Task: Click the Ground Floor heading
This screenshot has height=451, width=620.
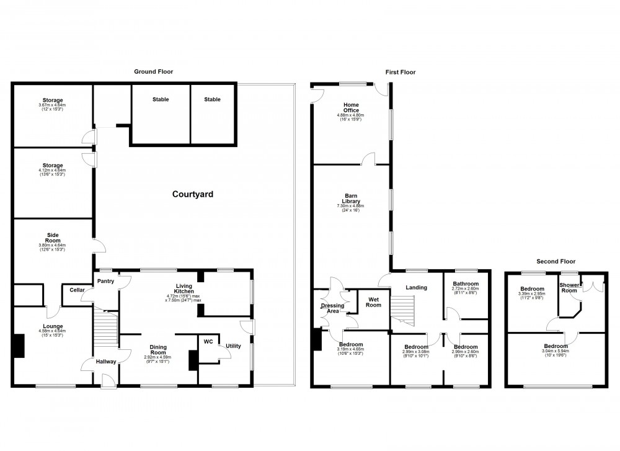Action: (x=154, y=72)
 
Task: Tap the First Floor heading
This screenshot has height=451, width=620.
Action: (x=400, y=72)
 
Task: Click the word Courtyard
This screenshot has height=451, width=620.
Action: (x=192, y=194)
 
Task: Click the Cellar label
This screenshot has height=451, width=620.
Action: (x=77, y=290)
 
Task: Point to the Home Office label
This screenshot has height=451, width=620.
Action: (x=350, y=107)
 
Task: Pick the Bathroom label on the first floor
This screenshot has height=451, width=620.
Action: (x=465, y=284)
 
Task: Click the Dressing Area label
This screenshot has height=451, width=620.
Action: (x=333, y=308)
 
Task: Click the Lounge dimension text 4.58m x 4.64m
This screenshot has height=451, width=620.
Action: (x=53, y=331)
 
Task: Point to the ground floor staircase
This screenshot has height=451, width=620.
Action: (x=105, y=329)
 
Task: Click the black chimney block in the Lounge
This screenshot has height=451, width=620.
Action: (x=20, y=346)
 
